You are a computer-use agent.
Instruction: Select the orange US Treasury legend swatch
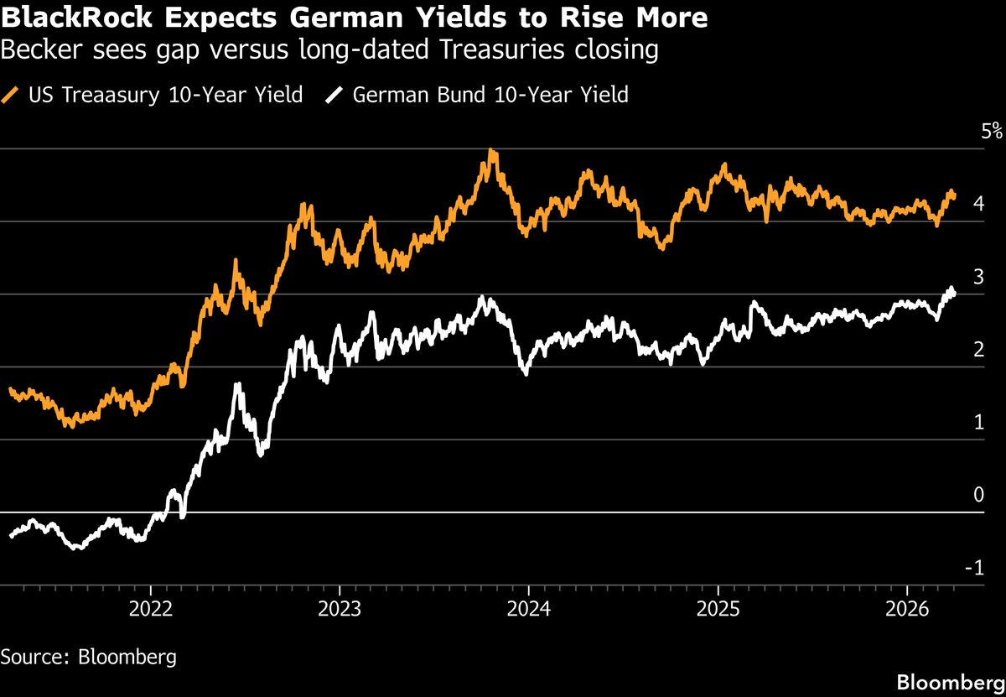click(11, 95)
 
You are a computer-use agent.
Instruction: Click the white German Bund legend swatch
click(334, 95)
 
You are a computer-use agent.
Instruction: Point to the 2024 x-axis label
click(528, 608)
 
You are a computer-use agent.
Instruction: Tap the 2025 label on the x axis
click(718, 608)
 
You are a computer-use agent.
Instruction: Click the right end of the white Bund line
click(953, 293)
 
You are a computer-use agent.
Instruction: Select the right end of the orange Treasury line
click(954, 195)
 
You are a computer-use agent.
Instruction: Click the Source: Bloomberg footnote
click(89, 656)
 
